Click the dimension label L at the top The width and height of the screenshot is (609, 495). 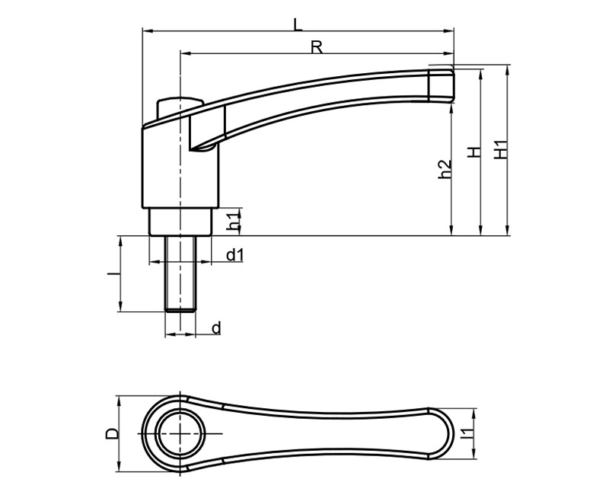pos(298,25)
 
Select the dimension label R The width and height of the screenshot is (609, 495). pos(317,47)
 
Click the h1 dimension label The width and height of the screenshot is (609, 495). pos(234,222)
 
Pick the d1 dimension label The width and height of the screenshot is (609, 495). pos(235,255)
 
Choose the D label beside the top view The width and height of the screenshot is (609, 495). pos(111,433)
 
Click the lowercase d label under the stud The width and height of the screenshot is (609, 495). pos(217,328)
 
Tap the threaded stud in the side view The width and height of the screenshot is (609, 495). pos(180,273)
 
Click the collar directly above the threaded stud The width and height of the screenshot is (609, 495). pos(180,222)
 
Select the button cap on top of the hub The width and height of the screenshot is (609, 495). pos(180,107)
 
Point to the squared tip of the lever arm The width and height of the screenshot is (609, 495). pos(441,85)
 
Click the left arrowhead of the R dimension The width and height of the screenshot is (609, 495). pos(185,53)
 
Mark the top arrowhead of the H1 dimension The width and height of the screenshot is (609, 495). pos(507,70)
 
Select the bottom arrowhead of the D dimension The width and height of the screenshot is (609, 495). pos(119,467)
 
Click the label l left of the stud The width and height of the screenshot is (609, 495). pos(113,274)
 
